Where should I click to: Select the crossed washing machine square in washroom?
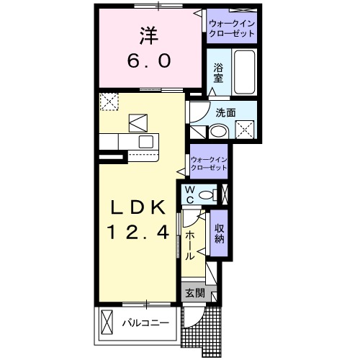247,130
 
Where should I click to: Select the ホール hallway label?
190,246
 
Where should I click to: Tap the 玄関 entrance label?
194,293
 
